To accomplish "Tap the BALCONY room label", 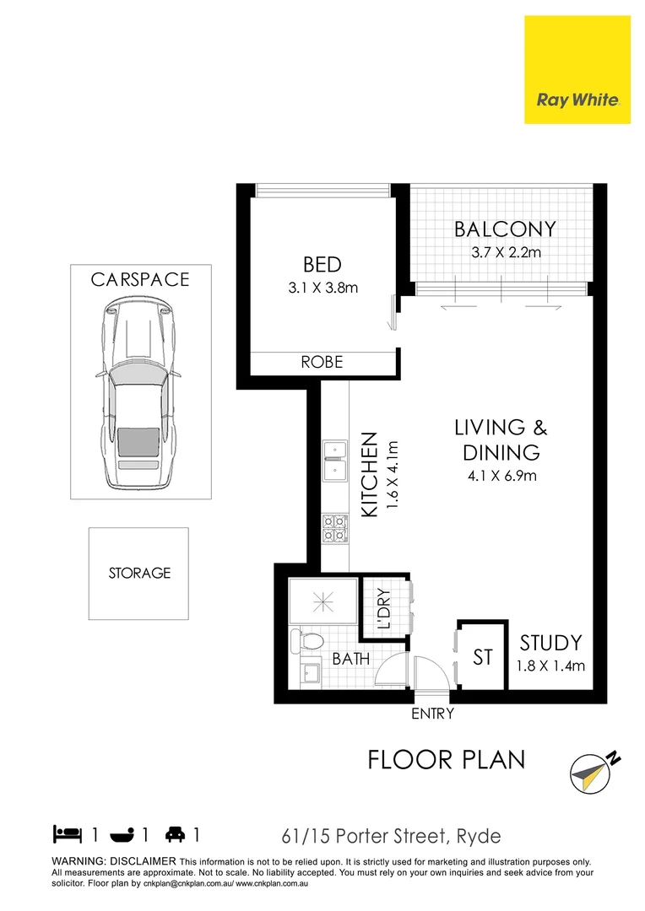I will point(505,229).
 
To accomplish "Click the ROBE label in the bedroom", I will point(322,362).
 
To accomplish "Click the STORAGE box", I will point(139,574).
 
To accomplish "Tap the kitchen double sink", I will point(335,459).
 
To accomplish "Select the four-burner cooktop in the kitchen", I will point(335,528).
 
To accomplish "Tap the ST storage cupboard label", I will point(482,656).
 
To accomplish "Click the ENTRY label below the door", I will point(432,714).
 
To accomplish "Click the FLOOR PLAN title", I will point(446,759).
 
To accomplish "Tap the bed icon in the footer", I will point(68,835).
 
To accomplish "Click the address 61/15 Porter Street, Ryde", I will point(391,837).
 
